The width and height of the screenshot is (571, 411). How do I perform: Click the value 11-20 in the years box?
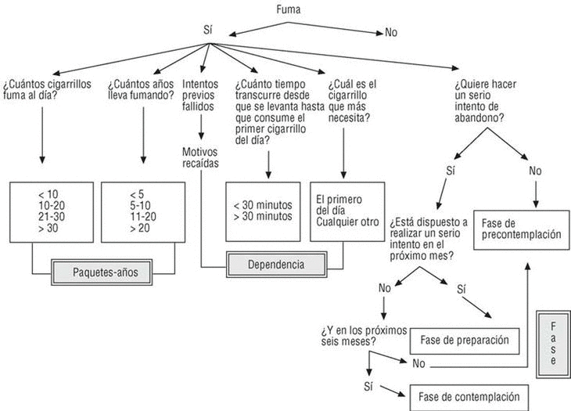tap(144, 215)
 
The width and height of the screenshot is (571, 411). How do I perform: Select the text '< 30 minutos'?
tap(262, 205)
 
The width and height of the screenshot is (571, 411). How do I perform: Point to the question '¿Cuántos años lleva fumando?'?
tap(141, 90)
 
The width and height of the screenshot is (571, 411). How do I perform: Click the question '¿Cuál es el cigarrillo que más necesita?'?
tap(353, 101)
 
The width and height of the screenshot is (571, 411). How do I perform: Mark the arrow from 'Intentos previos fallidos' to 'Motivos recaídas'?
tap(202, 126)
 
